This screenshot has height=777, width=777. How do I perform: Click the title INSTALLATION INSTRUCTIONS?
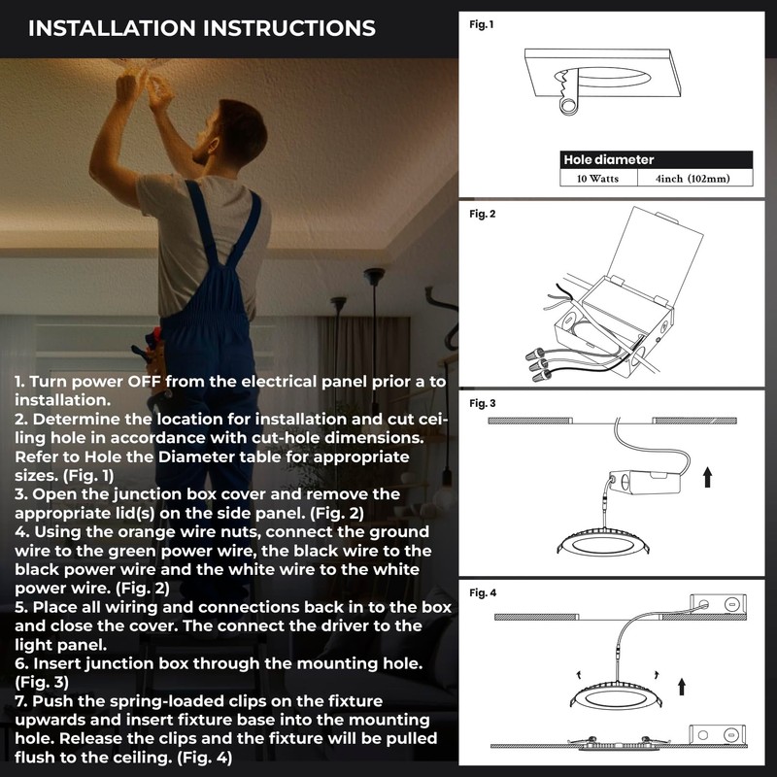[x=202, y=28]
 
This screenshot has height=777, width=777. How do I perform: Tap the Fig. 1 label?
[x=482, y=24]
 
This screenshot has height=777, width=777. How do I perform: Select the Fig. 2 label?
[x=482, y=214]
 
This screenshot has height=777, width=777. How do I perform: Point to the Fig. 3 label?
[x=482, y=403]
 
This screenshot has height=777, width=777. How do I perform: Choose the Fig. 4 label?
[x=483, y=592]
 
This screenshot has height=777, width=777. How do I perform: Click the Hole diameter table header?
[x=657, y=159]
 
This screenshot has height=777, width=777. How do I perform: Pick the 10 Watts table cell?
[x=598, y=179]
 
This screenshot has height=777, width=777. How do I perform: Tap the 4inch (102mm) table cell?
[x=693, y=179]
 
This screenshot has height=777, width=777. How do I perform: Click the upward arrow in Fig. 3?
[x=708, y=477]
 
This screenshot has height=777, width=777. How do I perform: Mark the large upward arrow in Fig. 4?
[x=682, y=687]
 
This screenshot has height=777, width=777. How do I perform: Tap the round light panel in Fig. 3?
[x=602, y=544]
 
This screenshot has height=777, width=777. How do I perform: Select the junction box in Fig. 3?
[x=645, y=482]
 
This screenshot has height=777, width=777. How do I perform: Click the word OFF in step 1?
[x=144, y=382]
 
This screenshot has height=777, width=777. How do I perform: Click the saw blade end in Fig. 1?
[x=568, y=105]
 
